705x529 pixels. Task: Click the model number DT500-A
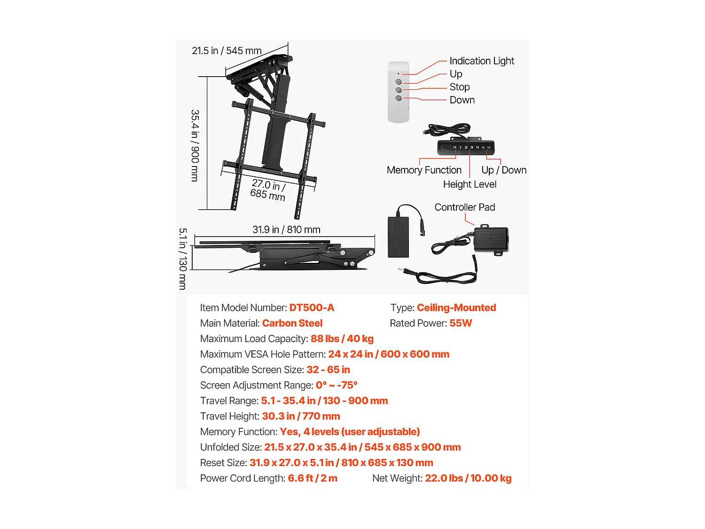pyautogui.click(x=312, y=308)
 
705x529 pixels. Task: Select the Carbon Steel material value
pyautogui.click(x=292, y=323)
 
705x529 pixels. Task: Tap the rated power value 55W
pyautogui.click(x=460, y=323)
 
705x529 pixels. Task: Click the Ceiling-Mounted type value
pyautogui.click(x=456, y=308)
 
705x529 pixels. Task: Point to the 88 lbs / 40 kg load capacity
pyautogui.click(x=342, y=339)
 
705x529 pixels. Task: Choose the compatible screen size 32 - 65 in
pyautogui.click(x=328, y=370)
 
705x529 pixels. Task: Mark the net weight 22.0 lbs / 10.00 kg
pyautogui.click(x=468, y=478)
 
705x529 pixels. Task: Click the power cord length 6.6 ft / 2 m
pyautogui.click(x=312, y=478)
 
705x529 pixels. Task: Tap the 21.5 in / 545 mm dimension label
pyautogui.click(x=227, y=51)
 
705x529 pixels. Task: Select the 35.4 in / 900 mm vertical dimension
pyautogui.click(x=195, y=145)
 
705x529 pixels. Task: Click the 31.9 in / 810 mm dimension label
pyautogui.click(x=286, y=229)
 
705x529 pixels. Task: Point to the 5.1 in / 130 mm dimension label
pyautogui.click(x=183, y=259)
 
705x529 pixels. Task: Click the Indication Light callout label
pyautogui.click(x=481, y=61)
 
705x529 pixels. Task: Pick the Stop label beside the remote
pyautogui.click(x=459, y=87)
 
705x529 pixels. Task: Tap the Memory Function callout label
pyautogui.click(x=424, y=170)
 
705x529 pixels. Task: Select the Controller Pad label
pyautogui.click(x=464, y=207)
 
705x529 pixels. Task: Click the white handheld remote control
pyautogui.click(x=399, y=93)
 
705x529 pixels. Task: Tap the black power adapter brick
pyautogui.click(x=398, y=237)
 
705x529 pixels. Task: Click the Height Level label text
pyautogui.click(x=470, y=184)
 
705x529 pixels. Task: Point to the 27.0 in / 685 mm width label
pyautogui.click(x=268, y=189)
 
